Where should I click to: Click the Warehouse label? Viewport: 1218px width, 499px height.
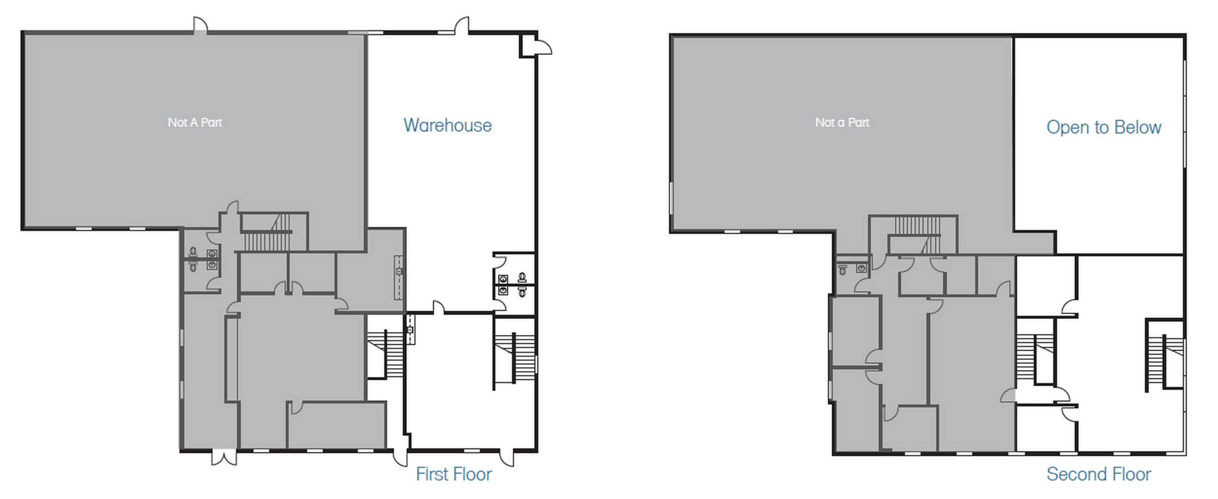coord(447,125)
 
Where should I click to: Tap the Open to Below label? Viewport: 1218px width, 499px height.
coord(1103,127)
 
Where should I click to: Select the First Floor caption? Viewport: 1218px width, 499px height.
coord(453,474)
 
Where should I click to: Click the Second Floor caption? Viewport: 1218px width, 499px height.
coord(1098,474)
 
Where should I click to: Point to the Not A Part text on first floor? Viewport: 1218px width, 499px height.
coord(194,122)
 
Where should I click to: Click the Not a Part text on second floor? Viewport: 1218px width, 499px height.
coord(842,122)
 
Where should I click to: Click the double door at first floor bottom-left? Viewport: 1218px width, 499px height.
coord(224,457)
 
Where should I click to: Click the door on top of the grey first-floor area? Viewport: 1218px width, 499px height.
coord(200,26)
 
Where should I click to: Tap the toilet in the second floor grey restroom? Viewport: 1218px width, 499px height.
coord(843,270)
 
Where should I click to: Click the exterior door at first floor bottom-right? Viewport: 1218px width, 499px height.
coord(507,457)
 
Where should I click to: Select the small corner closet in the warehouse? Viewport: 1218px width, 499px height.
coord(528,45)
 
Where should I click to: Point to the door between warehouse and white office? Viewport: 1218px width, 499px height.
coord(438,308)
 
